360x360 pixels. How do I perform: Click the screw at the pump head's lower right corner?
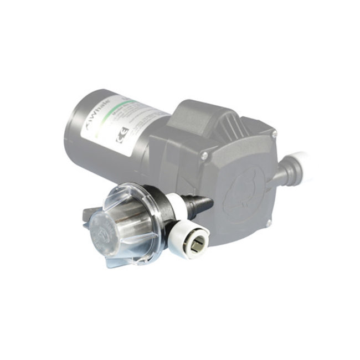point(269,224)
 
